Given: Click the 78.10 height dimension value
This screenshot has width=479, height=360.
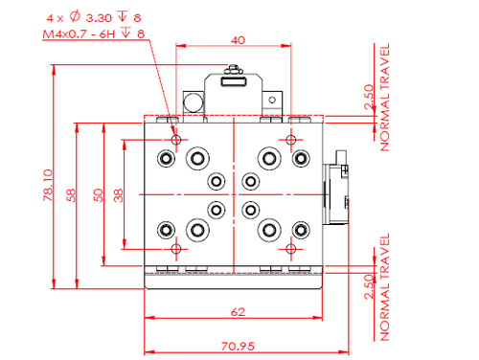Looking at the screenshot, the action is pos(48,185).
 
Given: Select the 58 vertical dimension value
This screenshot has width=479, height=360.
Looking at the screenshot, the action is pos(71,195).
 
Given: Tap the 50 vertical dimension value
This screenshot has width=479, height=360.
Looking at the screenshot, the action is pos(99,195).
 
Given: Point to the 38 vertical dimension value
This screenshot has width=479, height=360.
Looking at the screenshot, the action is pos(119,195).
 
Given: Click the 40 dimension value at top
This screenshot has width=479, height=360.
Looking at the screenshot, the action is pos(238,40).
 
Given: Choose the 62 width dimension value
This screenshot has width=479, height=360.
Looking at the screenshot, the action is pos(238,312).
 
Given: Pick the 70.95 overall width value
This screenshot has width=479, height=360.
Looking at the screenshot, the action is pos(238,347).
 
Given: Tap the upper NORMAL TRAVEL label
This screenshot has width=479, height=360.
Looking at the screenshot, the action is pos(385,98).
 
